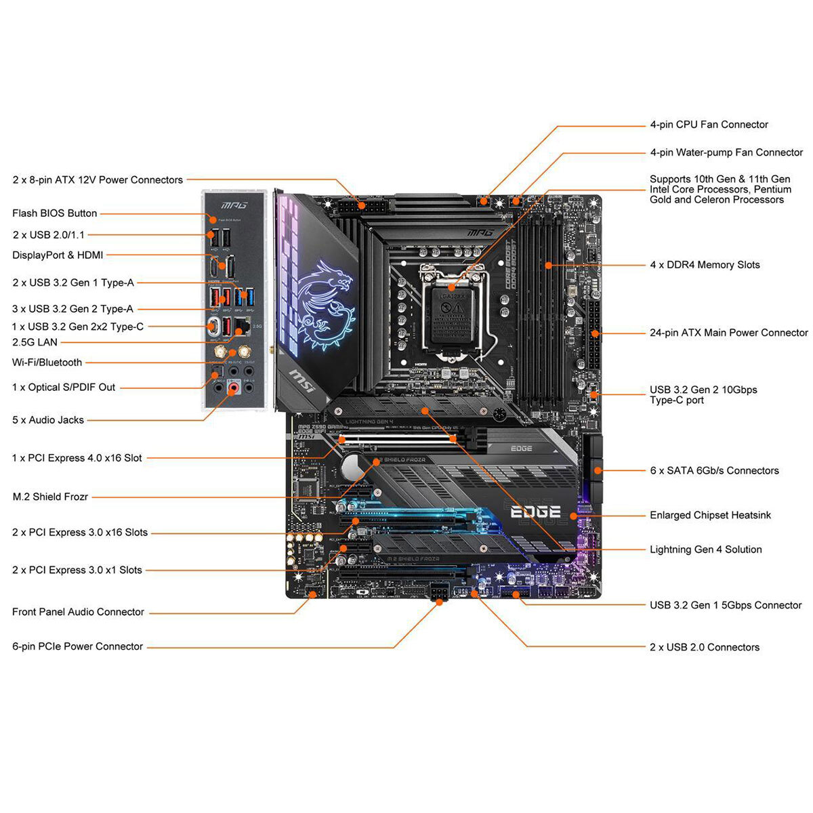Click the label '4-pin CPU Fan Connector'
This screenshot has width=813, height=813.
point(709,125)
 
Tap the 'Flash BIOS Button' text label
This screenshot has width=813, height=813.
point(54,213)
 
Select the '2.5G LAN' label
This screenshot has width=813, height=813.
point(35,342)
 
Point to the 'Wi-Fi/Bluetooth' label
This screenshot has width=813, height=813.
point(47,362)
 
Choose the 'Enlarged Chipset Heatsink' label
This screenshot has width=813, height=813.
point(710,515)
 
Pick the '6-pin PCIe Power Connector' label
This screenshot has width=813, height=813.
point(77,646)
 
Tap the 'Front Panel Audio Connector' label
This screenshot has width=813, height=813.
point(78,612)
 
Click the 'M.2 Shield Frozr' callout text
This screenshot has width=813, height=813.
point(50,497)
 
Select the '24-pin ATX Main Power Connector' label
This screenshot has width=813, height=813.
point(728,333)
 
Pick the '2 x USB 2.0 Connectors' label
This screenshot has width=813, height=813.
point(704,647)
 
